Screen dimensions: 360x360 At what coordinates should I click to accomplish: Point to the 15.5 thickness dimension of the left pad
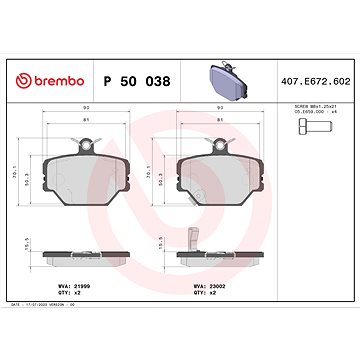[38, 245]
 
